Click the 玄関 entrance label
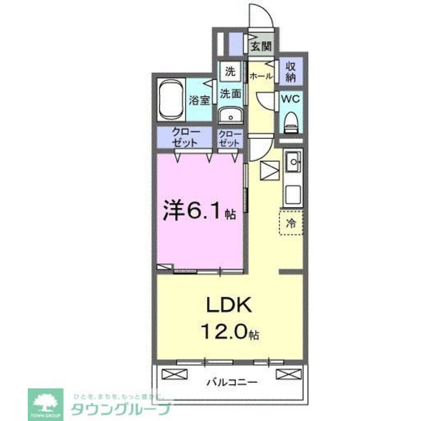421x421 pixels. [261, 46]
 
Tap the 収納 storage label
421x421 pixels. [291, 72]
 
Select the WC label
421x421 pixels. [290, 99]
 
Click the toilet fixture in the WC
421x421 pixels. [291, 122]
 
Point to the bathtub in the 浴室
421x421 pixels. [171, 100]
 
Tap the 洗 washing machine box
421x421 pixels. [230, 72]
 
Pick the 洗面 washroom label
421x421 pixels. [231, 93]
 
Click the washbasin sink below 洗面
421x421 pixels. [230, 115]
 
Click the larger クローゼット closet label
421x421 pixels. [184, 138]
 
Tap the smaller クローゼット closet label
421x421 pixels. [230, 138]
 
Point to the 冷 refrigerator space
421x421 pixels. [291, 223]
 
